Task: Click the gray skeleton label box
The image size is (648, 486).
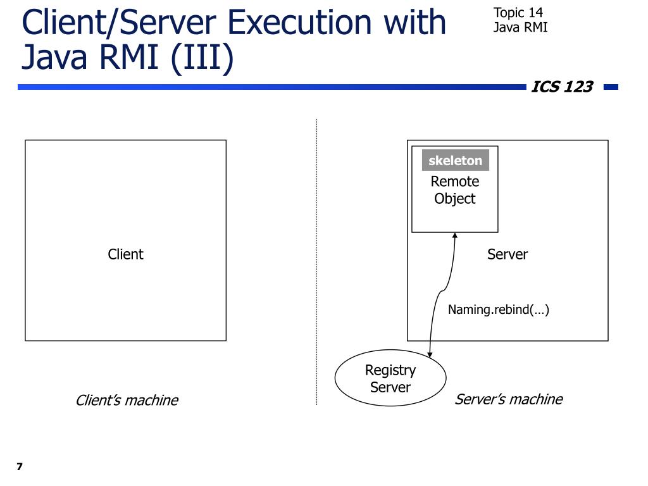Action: point(455,161)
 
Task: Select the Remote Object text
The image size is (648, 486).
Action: point(454,190)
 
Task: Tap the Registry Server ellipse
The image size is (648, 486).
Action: point(390,378)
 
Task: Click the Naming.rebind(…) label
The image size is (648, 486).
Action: point(498,309)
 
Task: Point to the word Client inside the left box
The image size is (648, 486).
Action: point(125,254)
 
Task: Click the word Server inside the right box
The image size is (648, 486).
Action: point(507,254)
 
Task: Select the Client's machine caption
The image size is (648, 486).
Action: point(127,401)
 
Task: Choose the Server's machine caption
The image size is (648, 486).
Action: point(508,399)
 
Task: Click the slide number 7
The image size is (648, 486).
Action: point(20,467)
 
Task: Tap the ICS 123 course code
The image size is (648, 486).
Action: point(561,87)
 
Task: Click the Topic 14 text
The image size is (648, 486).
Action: point(518,13)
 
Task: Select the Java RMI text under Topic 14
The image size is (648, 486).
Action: point(520,27)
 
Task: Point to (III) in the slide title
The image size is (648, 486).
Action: point(201,58)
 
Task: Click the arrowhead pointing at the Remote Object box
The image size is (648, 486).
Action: point(455,236)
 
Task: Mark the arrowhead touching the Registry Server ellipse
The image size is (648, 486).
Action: point(431,354)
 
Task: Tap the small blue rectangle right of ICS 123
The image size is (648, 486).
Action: point(611,87)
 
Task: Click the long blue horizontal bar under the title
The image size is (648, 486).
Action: point(272,87)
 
